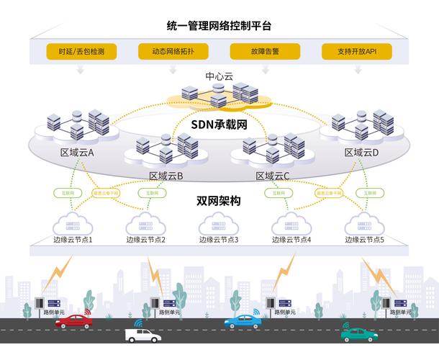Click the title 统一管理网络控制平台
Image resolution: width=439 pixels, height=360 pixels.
[x=219, y=27]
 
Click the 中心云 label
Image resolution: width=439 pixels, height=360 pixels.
[x=219, y=76]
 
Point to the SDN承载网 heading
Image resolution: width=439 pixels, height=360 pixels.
[x=219, y=123]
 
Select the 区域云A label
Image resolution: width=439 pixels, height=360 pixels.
[x=78, y=153]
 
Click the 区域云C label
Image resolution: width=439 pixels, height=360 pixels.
[x=273, y=175]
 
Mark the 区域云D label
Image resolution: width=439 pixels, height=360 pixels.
[x=361, y=153]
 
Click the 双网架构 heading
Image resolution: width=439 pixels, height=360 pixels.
[x=219, y=201]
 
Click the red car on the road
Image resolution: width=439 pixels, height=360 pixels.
[x=73, y=322]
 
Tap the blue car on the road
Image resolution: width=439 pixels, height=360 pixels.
[x=242, y=322]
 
